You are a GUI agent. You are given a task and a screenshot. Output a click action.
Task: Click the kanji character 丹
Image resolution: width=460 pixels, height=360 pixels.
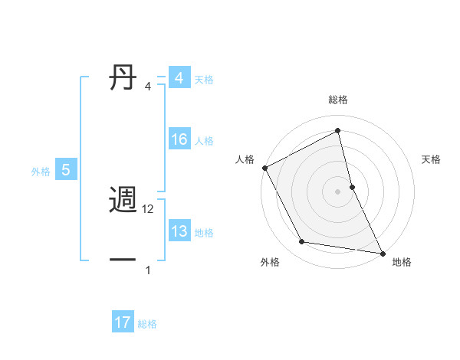124,77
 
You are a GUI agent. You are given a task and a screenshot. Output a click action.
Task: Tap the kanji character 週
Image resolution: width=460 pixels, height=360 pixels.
124,201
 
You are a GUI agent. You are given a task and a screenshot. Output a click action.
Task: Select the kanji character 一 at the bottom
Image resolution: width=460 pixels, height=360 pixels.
124,260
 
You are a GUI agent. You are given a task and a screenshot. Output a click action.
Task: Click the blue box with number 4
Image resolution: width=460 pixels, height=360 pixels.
179,78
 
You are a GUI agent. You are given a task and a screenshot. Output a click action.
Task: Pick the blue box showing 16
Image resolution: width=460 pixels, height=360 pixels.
179,139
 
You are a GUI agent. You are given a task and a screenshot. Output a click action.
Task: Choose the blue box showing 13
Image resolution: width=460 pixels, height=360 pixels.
179,231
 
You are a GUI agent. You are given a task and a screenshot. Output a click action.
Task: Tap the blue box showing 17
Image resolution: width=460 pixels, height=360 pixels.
123,322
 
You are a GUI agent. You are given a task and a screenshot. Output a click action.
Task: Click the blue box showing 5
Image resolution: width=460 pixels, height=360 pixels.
66,170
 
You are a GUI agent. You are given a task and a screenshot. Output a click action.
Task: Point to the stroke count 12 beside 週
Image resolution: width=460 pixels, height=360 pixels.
149,209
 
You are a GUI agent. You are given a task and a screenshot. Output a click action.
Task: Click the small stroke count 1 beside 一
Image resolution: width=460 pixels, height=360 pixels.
148,270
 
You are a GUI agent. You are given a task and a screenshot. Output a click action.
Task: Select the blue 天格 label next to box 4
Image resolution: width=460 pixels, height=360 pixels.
204,79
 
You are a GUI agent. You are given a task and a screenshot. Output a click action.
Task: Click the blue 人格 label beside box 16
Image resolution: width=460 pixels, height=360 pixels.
204,140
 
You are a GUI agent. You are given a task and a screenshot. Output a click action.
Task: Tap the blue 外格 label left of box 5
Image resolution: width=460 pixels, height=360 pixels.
41,172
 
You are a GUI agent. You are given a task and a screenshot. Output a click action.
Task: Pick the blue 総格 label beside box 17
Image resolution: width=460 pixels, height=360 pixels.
147,324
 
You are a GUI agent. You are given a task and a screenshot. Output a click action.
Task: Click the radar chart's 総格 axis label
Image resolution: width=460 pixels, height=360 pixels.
338,100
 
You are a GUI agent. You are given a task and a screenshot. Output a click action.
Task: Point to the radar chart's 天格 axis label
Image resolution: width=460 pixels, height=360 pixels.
432,159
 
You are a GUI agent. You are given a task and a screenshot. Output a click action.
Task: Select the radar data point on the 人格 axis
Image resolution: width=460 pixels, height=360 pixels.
264,167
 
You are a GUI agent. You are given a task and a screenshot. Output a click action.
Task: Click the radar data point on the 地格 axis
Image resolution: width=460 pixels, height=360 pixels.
383,253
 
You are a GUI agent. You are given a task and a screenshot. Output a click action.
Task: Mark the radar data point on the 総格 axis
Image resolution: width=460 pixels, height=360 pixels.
338,130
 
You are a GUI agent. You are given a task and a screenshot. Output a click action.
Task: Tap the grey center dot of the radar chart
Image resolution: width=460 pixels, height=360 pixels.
338,191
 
